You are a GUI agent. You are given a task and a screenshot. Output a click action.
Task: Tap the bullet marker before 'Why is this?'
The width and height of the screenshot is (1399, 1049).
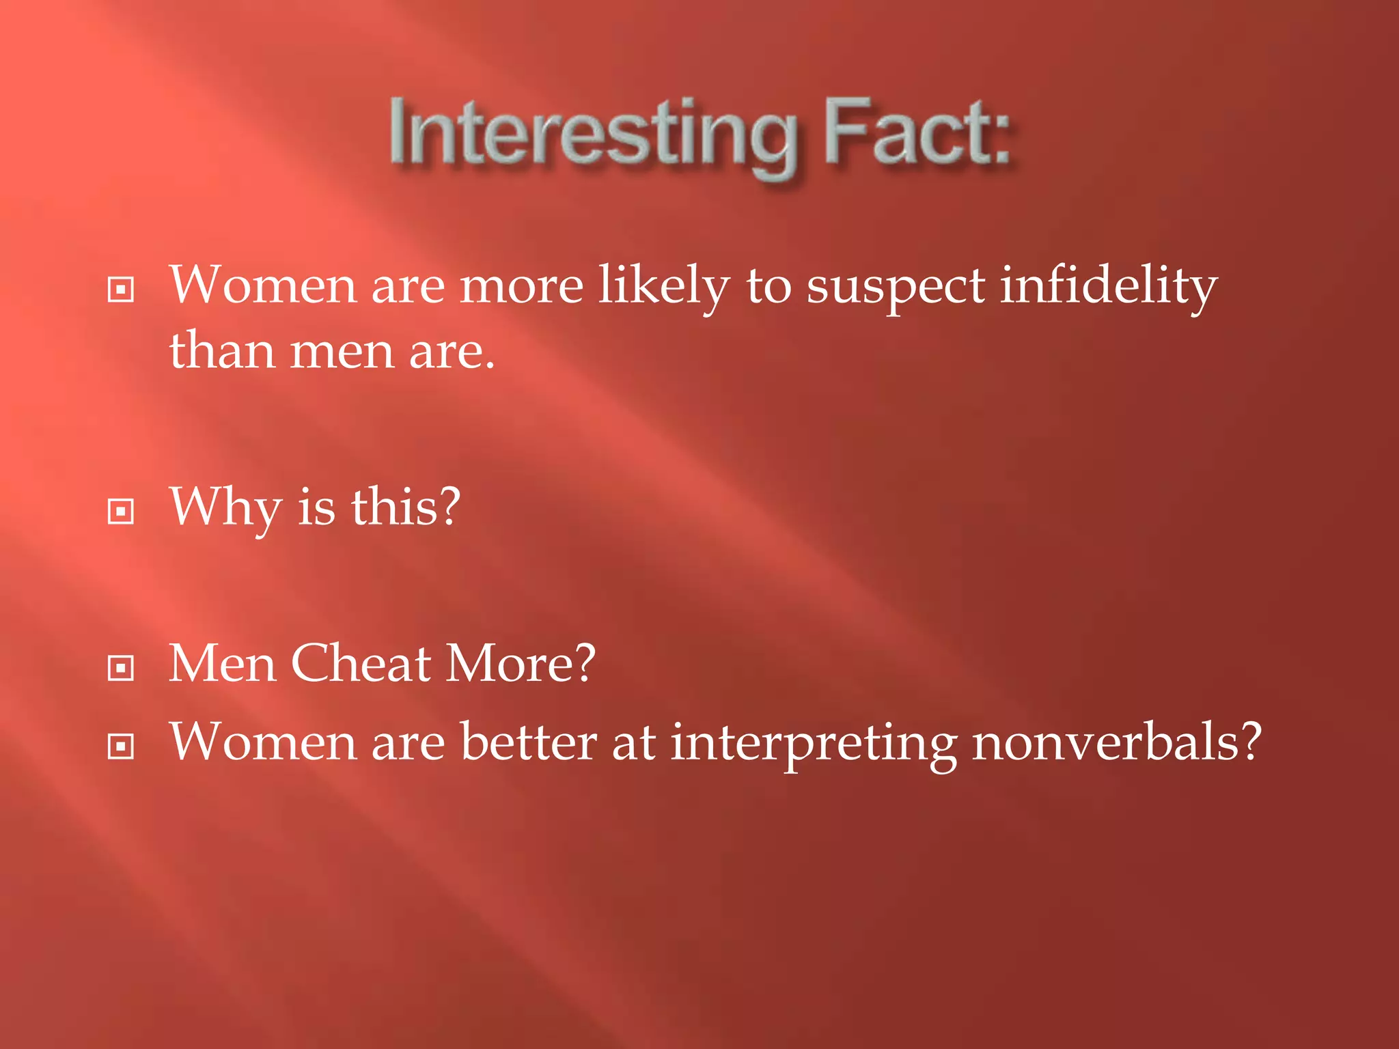(121, 511)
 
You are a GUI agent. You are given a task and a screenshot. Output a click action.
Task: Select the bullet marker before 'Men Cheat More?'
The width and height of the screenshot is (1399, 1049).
(121, 667)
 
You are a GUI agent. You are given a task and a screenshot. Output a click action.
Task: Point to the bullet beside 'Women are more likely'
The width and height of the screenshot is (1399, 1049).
(121, 290)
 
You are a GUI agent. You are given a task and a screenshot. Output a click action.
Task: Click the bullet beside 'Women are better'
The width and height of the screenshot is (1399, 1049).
(121, 746)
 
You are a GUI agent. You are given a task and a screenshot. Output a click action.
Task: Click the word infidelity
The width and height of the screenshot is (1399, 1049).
(1108, 285)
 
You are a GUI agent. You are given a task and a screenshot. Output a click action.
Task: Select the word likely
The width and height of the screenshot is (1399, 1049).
(664, 285)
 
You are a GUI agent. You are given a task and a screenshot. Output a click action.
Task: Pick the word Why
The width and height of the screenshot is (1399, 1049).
(225, 508)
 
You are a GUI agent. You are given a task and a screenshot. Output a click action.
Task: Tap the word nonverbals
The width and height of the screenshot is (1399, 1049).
(1116, 742)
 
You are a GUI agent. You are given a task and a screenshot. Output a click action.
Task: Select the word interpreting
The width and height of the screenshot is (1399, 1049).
(813, 743)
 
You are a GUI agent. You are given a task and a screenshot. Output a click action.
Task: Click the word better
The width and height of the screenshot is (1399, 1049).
(529, 742)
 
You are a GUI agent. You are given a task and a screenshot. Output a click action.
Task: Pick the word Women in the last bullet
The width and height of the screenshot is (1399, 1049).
(263, 742)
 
